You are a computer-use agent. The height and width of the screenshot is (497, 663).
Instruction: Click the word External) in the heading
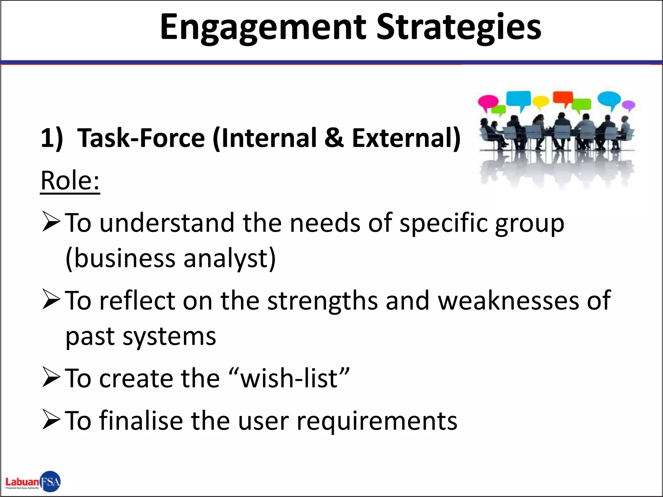(x=406, y=138)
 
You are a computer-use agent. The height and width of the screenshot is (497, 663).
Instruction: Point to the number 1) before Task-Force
(x=51, y=138)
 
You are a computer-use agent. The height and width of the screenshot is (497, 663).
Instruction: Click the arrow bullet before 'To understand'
(x=51, y=222)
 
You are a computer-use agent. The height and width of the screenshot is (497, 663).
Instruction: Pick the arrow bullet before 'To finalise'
(x=51, y=420)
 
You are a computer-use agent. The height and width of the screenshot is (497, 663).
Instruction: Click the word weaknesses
(x=508, y=301)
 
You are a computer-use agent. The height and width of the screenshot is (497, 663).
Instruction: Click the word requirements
(x=377, y=421)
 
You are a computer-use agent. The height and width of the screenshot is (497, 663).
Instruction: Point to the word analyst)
(x=230, y=259)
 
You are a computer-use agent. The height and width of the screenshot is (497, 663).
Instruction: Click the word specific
(x=444, y=223)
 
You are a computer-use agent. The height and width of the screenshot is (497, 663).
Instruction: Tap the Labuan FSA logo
(x=33, y=482)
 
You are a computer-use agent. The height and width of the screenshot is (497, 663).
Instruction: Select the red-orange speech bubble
(x=563, y=97)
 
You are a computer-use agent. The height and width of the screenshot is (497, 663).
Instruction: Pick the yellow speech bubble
(x=541, y=102)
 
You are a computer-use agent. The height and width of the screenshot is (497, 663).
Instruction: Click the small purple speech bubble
(x=629, y=105)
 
